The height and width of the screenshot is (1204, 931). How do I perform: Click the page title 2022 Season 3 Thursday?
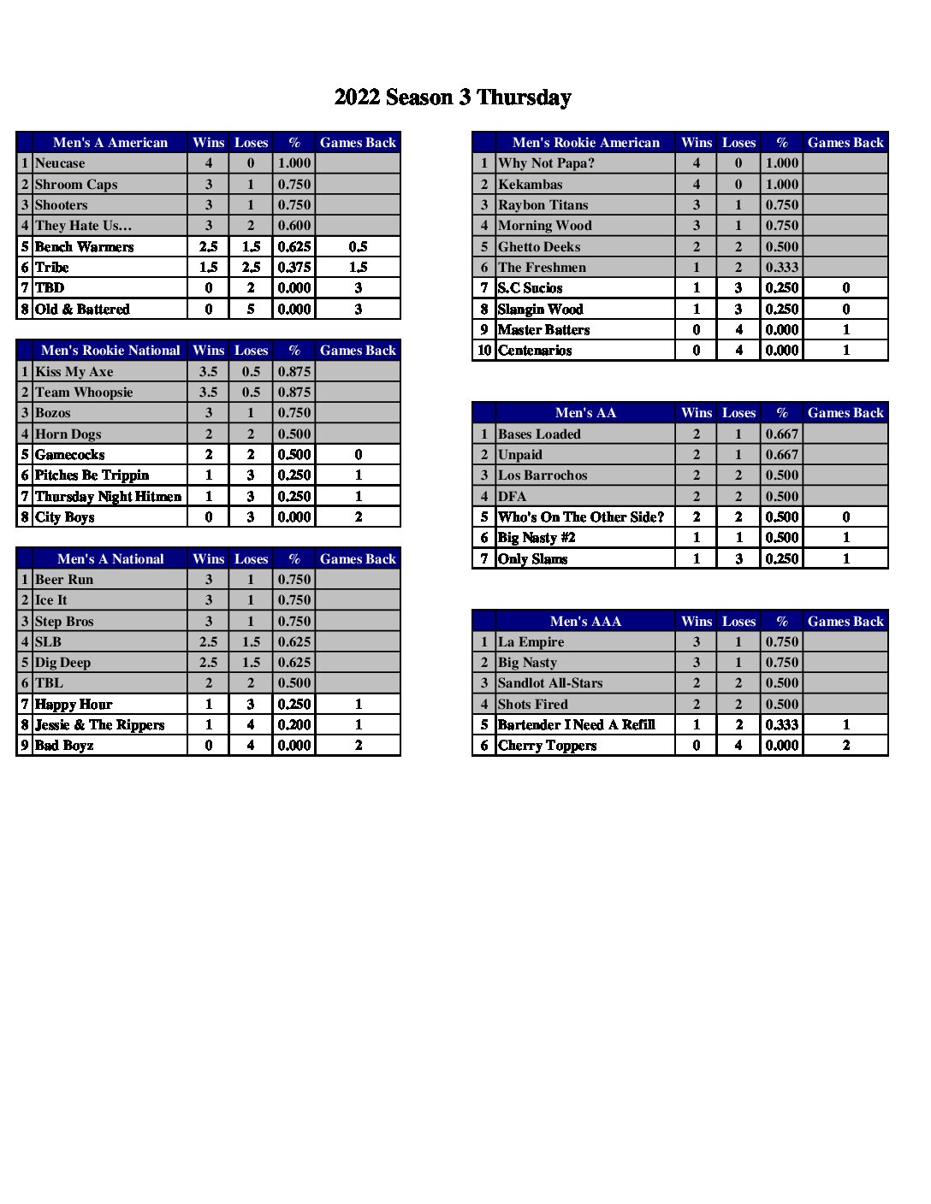(x=453, y=97)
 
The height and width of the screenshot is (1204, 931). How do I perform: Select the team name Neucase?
(x=60, y=163)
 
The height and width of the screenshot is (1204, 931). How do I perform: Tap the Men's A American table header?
(x=110, y=143)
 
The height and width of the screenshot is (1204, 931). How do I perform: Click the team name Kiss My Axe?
(x=74, y=372)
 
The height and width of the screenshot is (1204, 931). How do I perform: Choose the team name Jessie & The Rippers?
(x=99, y=725)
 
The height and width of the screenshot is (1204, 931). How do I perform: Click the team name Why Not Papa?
(x=546, y=163)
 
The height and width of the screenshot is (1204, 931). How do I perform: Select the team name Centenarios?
(x=535, y=351)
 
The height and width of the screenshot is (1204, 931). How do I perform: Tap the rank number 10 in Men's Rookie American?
(x=484, y=351)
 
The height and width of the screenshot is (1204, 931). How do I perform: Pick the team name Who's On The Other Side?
(x=581, y=517)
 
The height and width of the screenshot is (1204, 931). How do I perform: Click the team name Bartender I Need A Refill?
(x=577, y=725)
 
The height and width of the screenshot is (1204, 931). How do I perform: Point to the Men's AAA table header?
(x=585, y=622)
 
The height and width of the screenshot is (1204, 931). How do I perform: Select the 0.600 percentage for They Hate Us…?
(x=294, y=226)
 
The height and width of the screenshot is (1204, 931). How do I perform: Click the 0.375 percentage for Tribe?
(x=294, y=268)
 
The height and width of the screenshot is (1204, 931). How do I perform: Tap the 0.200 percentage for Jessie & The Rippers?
(x=294, y=725)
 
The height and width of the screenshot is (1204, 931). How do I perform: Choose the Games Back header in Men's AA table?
(x=845, y=413)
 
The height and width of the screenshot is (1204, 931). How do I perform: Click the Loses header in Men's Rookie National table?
(x=251, y=351)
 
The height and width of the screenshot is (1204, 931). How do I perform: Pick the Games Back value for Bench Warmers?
(x=358, y=247)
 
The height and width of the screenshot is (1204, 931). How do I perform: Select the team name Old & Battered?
(x=82, y=310)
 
